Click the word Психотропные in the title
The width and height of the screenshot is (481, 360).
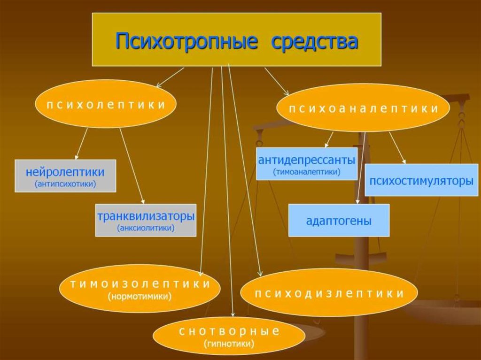(x=186, y=42)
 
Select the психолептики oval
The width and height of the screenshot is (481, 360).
(x=106, y=104)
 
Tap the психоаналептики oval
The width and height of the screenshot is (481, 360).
(x=363, y=108)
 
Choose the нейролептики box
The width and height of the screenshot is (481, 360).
(x=65, y=176)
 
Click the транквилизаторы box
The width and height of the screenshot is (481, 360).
(x=146, y=220)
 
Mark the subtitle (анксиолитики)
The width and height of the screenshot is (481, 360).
(x=146, y=229)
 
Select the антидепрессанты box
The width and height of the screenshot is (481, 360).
(x=306, y=164)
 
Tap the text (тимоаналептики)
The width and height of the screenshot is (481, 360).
(x=306, y=172)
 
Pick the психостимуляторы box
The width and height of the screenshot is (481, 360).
(x=421, y=180)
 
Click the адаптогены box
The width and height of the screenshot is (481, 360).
(x=338, y=220)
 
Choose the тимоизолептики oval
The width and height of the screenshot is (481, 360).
(x=140, y=289)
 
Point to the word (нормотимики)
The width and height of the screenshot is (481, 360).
(x=140, y=297)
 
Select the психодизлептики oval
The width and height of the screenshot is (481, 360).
(x=329, y=293)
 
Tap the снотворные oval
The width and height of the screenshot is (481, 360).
(x=229, y=337)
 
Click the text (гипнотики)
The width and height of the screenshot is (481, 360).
(x=229, y=345)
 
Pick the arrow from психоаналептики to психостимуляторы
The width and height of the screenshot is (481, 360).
(x=397, y=147)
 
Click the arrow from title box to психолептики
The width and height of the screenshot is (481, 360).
(x=170, y=77)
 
